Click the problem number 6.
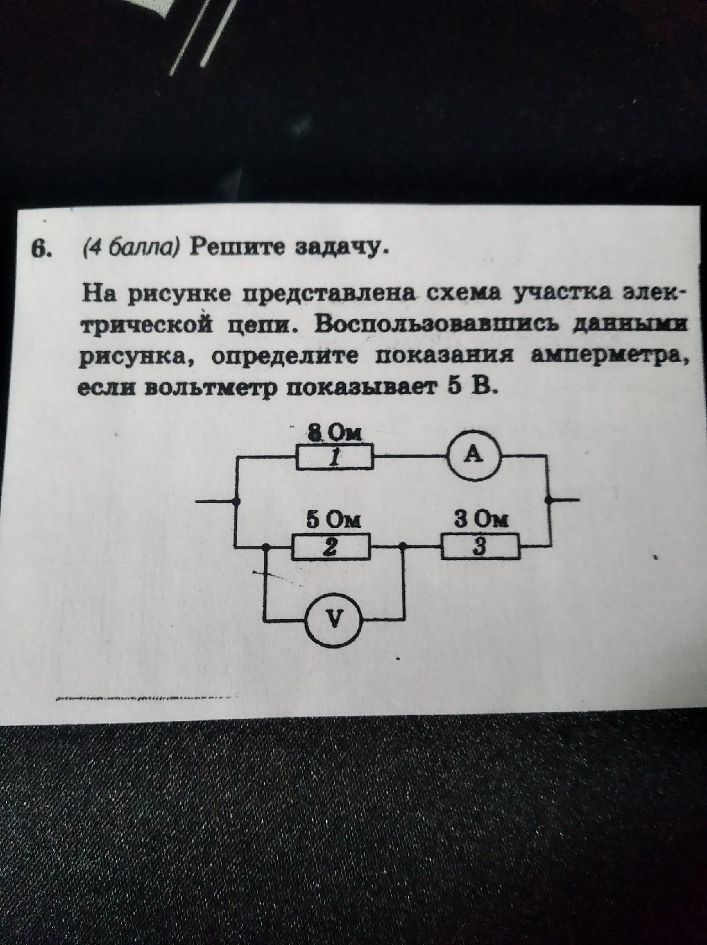click(x=40, y=250)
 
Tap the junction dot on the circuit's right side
click(x=550, y=500)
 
